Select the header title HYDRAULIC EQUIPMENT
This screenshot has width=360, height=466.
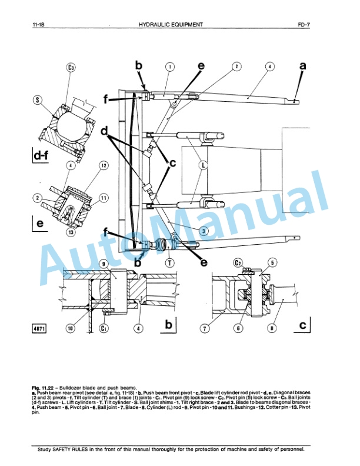pyautogui.click(x=171, y=25)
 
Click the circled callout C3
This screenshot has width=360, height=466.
pyautogui.click(x=71, y=68)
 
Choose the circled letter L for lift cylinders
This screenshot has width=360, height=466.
pyautogui.click(x=203, y=166)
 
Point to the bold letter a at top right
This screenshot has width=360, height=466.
pyautogui.click(x=303, y=66)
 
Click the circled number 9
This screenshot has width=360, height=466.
pyautogui.click(x=104, y=264)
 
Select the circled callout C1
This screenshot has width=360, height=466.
pyautogui.click(x=104, y=328)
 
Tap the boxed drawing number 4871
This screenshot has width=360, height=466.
pyautogui.click(x=41, y=328)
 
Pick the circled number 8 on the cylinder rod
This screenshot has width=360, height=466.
pyautogui.click(x=272, y=328)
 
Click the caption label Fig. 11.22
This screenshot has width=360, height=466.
pyautogui.click(x=45, y=388)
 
